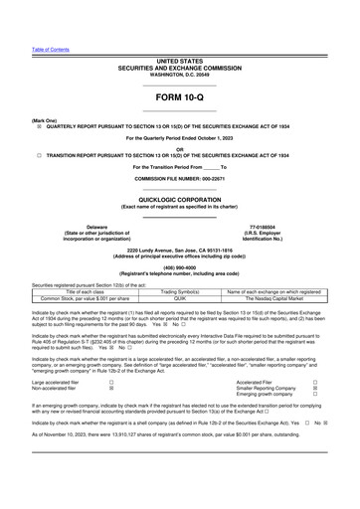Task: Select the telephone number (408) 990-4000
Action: [x=179, y=265]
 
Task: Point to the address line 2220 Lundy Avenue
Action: [x=179, y=250]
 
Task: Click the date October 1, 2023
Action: [x=214, y=137]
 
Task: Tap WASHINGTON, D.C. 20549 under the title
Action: [x=179, y=75]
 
